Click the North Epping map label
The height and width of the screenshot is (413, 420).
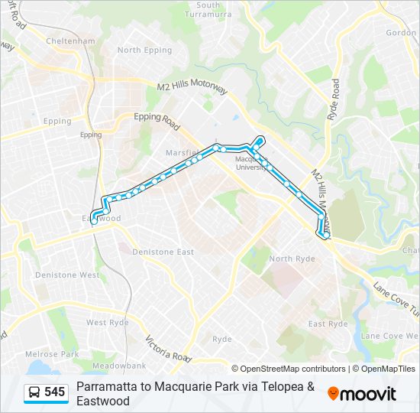[x=140, y=50]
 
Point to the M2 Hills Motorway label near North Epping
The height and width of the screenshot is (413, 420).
[x=192, y=89]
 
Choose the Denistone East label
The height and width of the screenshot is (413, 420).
[x=163, y=252]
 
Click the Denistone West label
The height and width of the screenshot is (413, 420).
[x=67, y=275]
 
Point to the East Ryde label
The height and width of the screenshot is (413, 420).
[x=328, y=324]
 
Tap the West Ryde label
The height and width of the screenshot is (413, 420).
[x=107, y=323]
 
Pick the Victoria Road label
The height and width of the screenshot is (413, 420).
[x=167, y=350]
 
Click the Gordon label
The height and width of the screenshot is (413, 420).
[x=401, y=33]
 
